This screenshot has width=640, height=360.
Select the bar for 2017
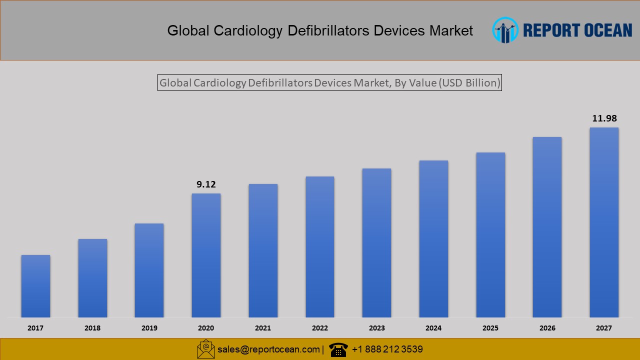coord(35,286)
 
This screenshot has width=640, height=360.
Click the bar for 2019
coord(149,270)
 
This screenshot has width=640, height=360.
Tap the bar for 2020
coord(206,255)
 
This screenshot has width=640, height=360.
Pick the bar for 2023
coord(376,242)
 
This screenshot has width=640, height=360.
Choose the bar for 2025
coord(490,234)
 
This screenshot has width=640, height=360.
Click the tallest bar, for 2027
coord(604,222)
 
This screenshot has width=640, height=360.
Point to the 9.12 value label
coord(206,184)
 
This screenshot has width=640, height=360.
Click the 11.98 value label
coord(604,118)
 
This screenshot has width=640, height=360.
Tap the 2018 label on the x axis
coord(92,328)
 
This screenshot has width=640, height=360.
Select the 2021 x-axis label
coord(263,328)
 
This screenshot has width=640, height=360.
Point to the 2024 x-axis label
coord(433,328)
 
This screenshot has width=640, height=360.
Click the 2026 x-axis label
coord(547,328)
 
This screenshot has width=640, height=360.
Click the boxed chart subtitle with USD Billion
coord(329,83)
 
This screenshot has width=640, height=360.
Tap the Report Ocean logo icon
coord(505,30)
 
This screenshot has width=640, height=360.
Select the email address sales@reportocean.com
coord(268,349)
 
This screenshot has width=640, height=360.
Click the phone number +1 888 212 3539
coord(387,349)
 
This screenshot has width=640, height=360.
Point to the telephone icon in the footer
coord(338,349)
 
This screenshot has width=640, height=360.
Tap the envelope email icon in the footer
coord(205,349)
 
